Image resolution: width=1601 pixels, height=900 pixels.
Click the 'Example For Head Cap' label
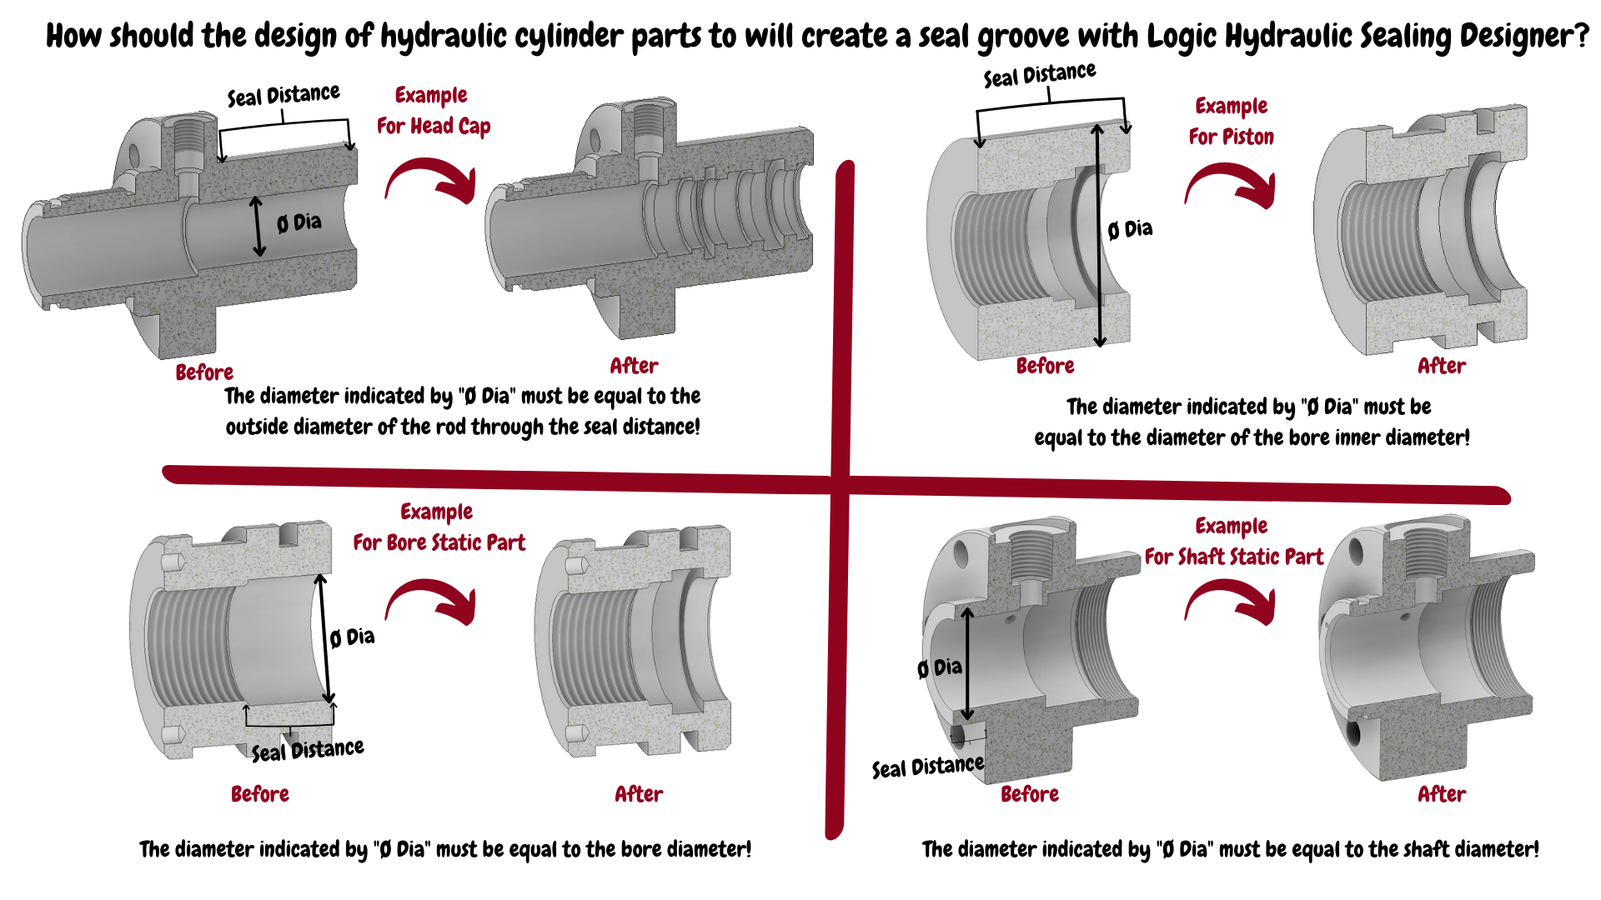tap(434, 110)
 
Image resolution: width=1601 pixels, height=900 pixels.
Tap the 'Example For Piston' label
tap(1232, 121)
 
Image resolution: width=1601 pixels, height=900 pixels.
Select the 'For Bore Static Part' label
tap(439, 542)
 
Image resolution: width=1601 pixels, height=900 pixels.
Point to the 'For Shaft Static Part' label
tap(1234, 557)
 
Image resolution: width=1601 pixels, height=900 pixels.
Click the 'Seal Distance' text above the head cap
tap(284, 95)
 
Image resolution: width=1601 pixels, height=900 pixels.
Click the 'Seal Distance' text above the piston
tap(1040, 75)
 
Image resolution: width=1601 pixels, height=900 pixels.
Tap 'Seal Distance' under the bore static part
tap(308, 750)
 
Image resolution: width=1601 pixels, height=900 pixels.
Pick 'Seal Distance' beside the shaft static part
tap(928, 766)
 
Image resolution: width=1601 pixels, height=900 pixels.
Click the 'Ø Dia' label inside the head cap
tap(299, 222)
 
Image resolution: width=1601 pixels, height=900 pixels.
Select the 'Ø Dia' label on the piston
tap(1130, 229)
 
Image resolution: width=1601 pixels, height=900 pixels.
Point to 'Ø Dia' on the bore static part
tap(352, 637)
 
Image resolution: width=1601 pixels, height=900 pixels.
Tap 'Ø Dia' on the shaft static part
tap(940, 667)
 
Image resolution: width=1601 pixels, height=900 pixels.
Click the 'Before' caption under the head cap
tap(204, 372)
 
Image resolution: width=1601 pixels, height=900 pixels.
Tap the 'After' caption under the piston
tap(1442, 366)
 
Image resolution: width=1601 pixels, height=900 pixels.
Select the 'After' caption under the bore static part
tap(639, 794)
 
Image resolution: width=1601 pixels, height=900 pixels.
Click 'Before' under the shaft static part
tap(1030, 794)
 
